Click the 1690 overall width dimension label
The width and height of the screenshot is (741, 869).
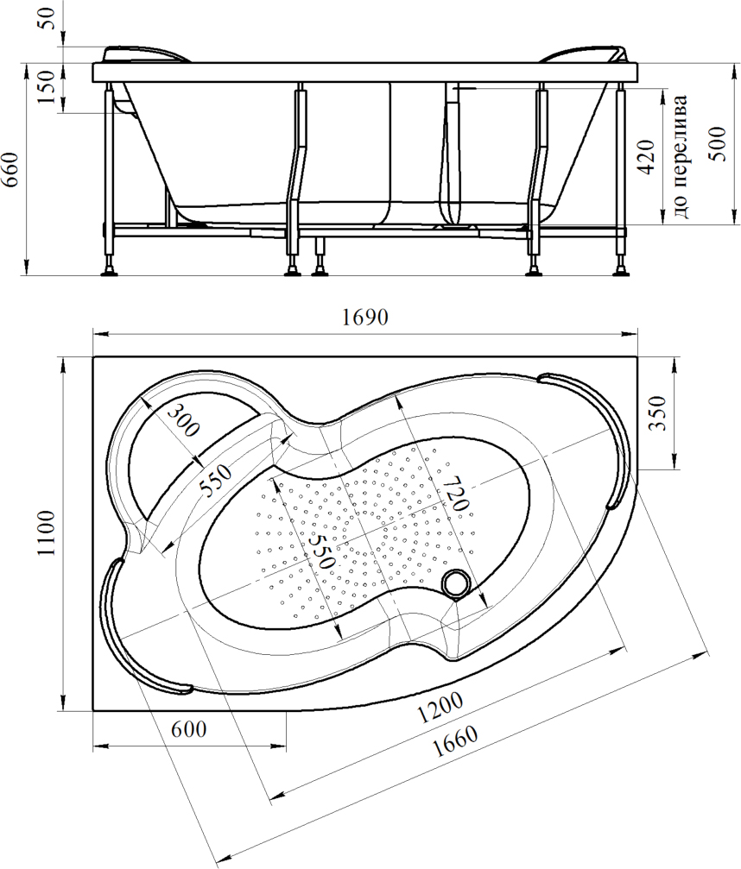click(x=365, y=318)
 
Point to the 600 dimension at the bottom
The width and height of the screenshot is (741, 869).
click(x=188, y=729)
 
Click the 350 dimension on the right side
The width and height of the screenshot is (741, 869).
click(x=656, y=412)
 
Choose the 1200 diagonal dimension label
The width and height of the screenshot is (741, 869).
click(x=440, y=708)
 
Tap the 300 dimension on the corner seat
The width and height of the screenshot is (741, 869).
click(x=183, y=420)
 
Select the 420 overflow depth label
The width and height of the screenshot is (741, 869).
click(x=647, y=158)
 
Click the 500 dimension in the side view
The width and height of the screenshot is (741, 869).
click(x=719, y=143)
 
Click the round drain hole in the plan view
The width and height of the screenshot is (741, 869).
click(x=456, y=583)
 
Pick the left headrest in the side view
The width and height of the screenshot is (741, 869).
click(x=147, y=54)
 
